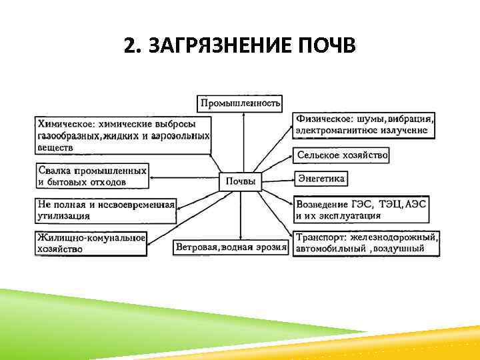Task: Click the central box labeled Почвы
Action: (241, 181)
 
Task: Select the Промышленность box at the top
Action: (241, 103)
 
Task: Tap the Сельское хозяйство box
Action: (342, 155)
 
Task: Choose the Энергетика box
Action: (321, 179)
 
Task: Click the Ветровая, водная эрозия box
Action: (231, 247)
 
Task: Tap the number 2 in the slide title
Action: (129, 47)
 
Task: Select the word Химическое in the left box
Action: (65, 124)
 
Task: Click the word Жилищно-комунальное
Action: (91, 237)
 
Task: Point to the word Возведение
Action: (322, 203)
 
